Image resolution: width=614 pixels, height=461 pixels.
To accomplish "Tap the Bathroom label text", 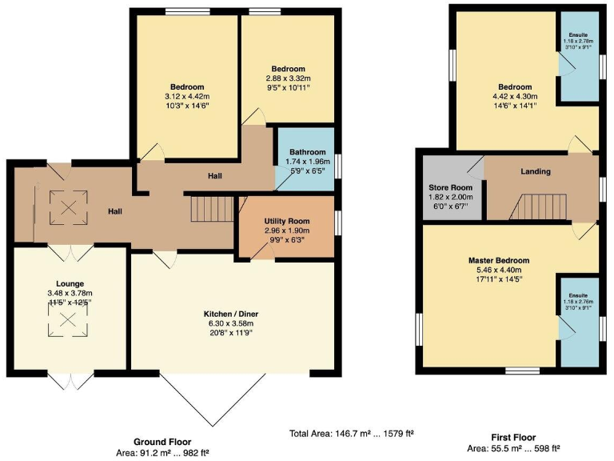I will (x=308, y=152).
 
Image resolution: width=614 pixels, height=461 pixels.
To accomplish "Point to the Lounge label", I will (x=70, y=283).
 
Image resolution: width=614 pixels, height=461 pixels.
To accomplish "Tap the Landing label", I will (x=536, y=171).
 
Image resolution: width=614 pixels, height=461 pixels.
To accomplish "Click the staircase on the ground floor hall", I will (x=211, y=210).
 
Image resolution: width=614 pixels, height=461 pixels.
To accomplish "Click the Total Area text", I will (x=351, y=434).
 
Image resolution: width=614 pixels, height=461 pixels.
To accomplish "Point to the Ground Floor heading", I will (x=162, y=442).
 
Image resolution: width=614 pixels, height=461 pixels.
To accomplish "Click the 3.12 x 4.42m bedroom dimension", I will (x=186, y=97).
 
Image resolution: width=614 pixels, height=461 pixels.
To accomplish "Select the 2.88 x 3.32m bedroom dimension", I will (x=286, y=78).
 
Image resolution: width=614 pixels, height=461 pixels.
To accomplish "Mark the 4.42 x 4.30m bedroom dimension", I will (x=515, y=97).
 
